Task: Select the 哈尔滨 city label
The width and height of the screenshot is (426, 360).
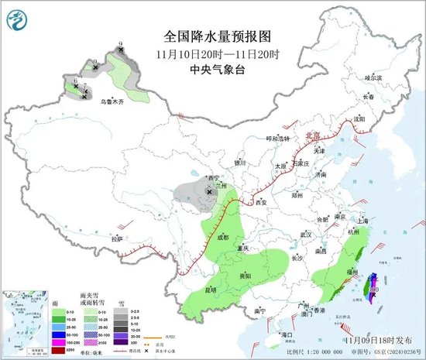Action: point(374,77)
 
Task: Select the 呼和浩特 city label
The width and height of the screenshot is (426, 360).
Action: point(277,138)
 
